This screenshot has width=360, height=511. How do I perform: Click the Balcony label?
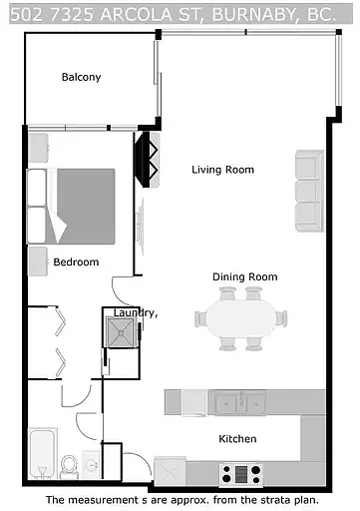click(81, 77)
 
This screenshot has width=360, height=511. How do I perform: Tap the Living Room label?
click(222, 170)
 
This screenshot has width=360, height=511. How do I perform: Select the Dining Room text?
click(244, 276)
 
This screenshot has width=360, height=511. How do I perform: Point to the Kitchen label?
click(237, 439)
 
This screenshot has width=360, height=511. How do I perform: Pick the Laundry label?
click(136, 312)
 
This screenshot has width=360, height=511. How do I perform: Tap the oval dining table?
click(241, 319)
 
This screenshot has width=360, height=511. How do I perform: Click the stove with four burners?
click(240, 473)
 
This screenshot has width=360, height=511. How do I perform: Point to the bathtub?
click(43, 454)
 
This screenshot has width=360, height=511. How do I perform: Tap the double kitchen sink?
click(241, 402)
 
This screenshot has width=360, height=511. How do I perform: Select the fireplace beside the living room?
click(148, 160)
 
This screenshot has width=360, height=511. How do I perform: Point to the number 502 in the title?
click(20, 13)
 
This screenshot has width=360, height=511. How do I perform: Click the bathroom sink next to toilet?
click(92, 465)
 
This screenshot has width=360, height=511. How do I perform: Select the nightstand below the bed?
click(39, 261)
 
